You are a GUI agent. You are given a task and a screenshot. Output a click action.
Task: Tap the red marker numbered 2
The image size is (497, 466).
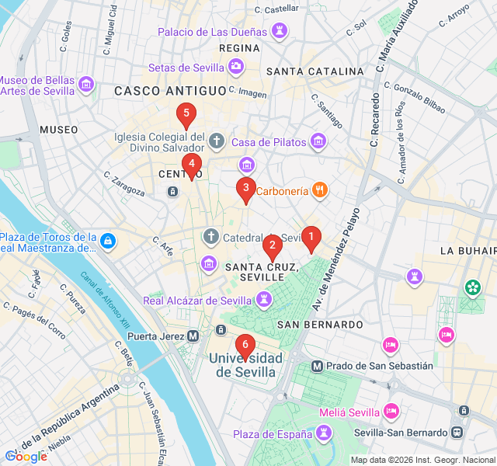tap(272, 247)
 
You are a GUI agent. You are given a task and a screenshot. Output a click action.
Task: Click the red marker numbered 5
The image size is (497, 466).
tap(185, 115)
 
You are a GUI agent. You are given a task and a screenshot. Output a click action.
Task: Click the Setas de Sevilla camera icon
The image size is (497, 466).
tap(235, 68)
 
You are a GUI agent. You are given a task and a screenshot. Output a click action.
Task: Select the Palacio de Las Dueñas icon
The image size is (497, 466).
tap(279, 32)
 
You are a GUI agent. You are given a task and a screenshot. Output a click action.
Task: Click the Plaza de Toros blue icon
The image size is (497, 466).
tap(108, 242)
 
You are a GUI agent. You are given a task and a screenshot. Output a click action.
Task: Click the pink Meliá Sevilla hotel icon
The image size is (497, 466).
tap(392, 411)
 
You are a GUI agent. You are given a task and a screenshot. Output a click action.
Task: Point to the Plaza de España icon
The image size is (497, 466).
tap(324, 433)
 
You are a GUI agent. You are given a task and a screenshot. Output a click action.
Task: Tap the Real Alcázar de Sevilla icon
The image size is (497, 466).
tap(265, 300)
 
